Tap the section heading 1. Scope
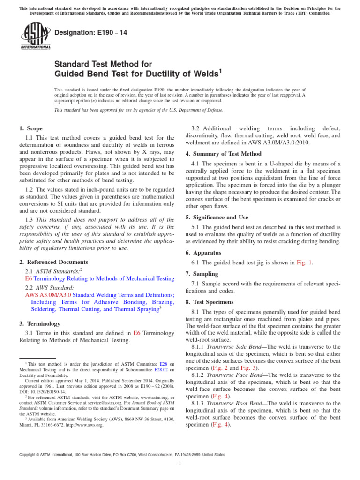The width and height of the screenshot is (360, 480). pyautogui.click(x=31, y=128)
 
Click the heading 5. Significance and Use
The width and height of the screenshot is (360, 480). pyautogui.click(x=217, y=217)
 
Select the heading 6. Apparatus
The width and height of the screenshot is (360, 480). pyautogui.click(x=204, y=253)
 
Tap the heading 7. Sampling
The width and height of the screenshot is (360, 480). pyautogui.click(x=203, y=273)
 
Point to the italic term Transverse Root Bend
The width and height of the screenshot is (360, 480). pyautogui.click(x=236, y=403)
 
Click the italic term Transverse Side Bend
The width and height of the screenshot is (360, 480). pyautogui.click(x=235, y=347)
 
